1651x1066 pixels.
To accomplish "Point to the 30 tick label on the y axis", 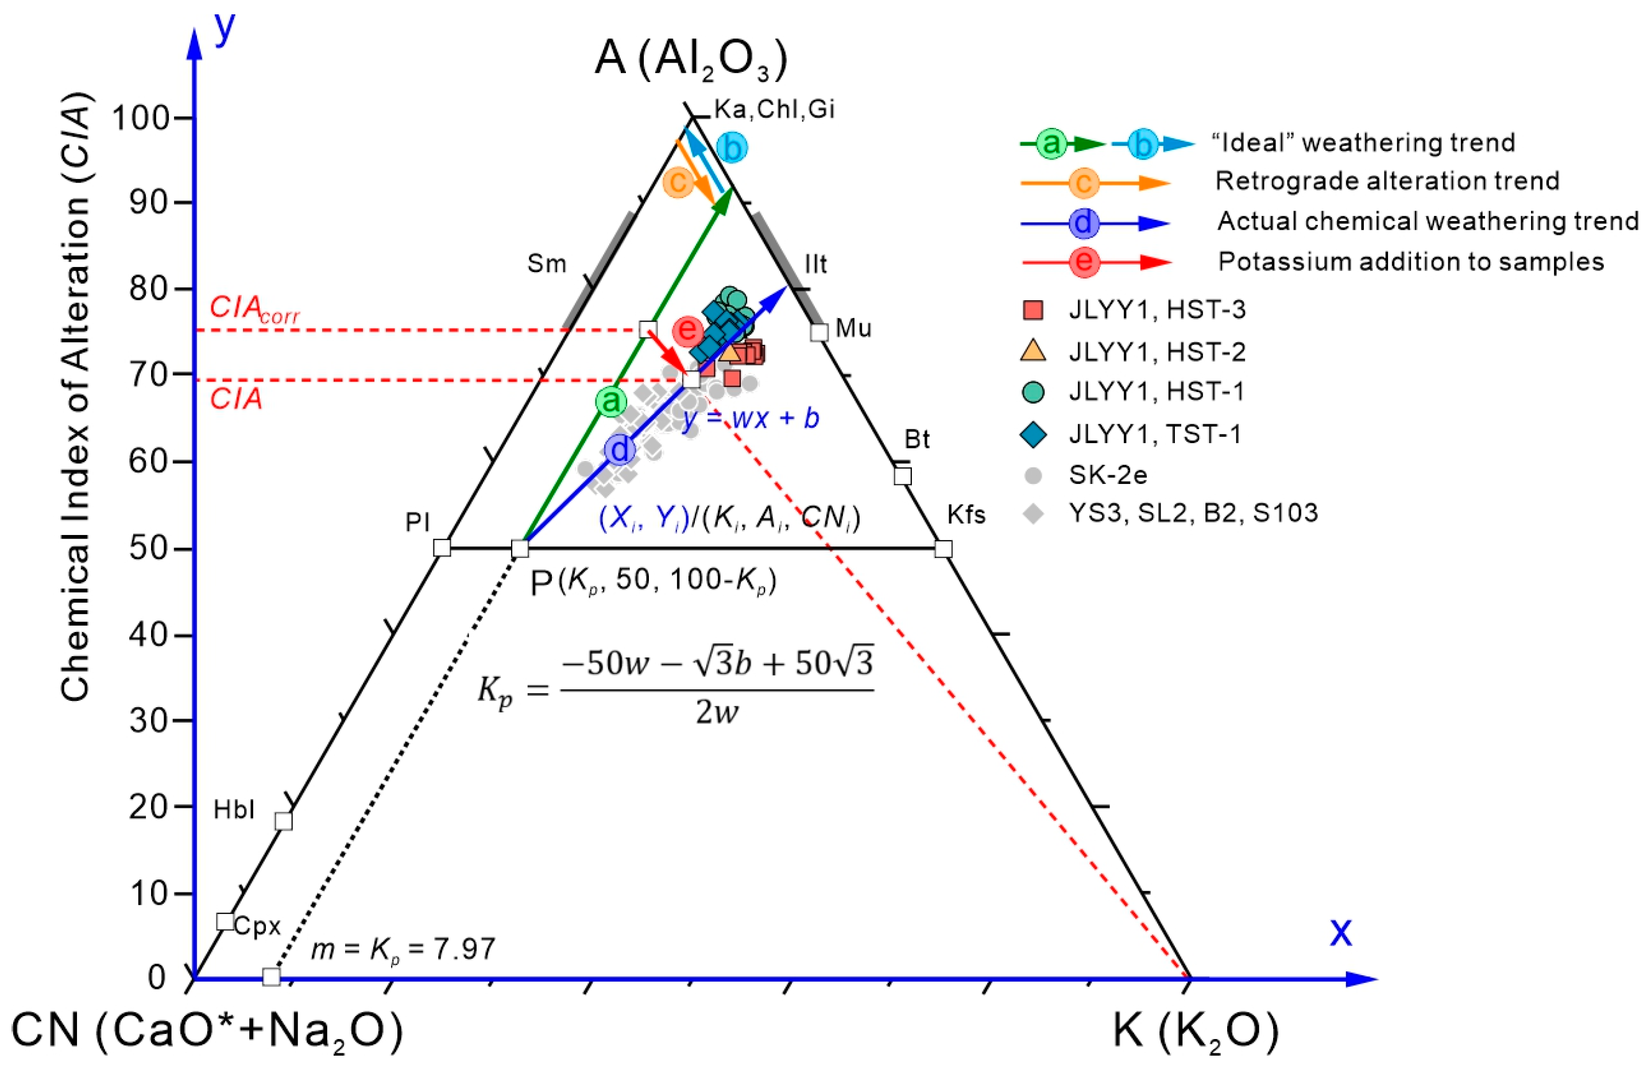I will pos(149,721).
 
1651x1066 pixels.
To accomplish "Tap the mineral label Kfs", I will pos(965,515).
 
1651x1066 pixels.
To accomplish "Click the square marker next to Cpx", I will pos(225,921).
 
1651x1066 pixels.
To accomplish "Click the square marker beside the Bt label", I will pos(902,476).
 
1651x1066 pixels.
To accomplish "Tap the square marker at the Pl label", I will pos(441,548).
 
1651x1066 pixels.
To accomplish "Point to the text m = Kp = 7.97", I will pos(403,949).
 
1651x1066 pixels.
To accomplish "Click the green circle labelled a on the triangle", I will pos(611,401).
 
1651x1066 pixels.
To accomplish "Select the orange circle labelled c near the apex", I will pos(678,182).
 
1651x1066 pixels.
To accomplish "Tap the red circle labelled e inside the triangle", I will pos(688,330).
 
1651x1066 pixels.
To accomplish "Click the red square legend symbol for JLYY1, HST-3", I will pos(1033,310).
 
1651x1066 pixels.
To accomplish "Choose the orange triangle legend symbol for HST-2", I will pos(1033,351).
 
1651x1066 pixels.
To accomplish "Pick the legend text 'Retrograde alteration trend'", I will pos(1386,181).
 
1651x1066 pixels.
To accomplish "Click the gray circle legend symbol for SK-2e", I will pos(1033,475).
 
